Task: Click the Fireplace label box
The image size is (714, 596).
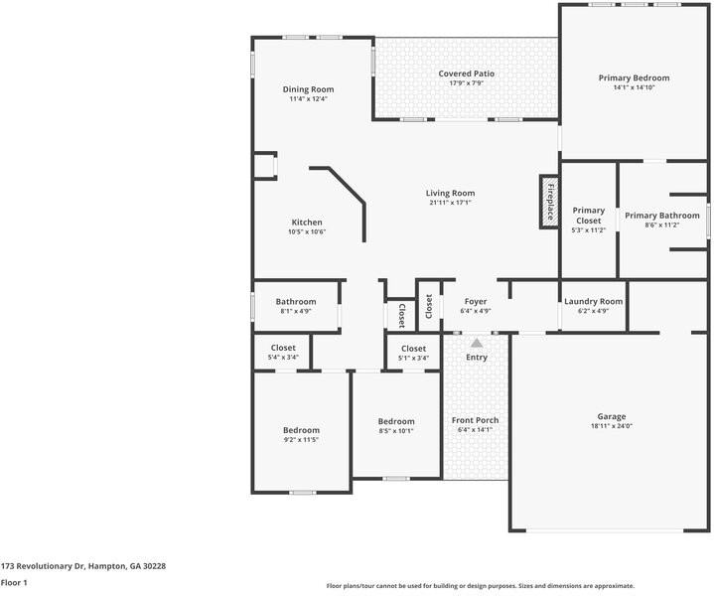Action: tap(549, 202)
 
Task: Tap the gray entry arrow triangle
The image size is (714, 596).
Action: tap(477, 343)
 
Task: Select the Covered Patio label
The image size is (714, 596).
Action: tap(467, 74)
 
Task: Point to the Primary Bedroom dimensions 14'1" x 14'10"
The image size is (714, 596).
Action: tap(634, 87)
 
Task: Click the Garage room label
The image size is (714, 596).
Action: tap(612, 416)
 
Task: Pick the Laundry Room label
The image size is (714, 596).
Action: tap(593, 301)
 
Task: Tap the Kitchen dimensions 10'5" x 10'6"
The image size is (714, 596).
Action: tap(307, 231)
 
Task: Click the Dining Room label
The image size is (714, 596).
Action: tap(308, 89)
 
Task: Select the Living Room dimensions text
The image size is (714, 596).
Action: tap(451, 203)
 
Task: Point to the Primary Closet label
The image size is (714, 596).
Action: tap(588, 216)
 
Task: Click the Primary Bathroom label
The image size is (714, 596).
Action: tap(662, 216)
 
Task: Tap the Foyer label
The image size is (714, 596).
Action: tap(476, 302)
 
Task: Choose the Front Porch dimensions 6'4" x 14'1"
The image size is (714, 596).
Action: tap(475, 430)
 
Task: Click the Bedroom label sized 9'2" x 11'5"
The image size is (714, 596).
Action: tap(302, 430)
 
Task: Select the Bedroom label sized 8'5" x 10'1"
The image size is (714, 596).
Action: tap(396, 421)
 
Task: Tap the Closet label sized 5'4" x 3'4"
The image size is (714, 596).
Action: tap(283, 348)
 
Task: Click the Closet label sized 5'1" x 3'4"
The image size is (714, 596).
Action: tap(413, 349)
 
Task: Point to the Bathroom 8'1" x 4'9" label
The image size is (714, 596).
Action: tap(296, 302)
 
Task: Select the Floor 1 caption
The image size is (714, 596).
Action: tap(14, 583)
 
